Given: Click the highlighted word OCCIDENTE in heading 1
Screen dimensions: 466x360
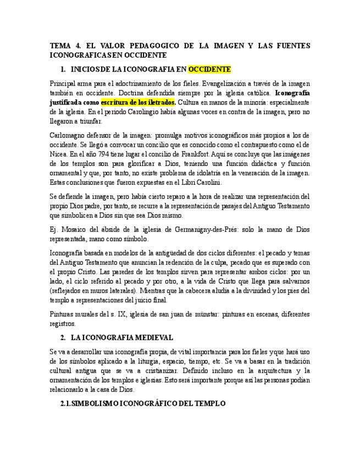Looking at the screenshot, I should coord(209,70).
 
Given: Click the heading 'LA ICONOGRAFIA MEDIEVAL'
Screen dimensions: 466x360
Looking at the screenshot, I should coord(122,337).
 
